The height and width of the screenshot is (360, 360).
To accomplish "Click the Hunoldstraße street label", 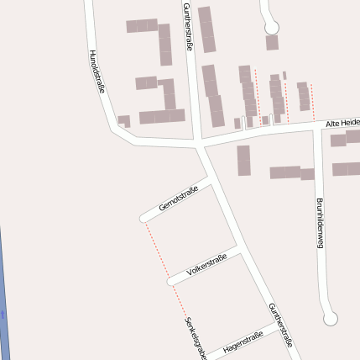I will tap(97, 71).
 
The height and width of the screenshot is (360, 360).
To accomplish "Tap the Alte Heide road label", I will tap(342, 124).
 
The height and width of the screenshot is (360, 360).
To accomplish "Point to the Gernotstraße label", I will tap(178, 200).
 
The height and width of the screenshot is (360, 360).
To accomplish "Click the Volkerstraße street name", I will tap(207, 265).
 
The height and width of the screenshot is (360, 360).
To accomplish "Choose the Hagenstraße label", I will tap(243, 341).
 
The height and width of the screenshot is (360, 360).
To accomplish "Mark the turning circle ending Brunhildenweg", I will tap(330, 319).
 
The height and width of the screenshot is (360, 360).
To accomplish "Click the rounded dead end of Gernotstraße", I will tap(144, 219).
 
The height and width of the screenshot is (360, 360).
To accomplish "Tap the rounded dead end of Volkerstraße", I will tap(170, 280).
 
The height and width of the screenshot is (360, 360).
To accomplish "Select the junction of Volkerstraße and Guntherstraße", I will tap(242, 250).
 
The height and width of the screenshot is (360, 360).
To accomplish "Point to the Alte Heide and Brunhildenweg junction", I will tap(316, 128).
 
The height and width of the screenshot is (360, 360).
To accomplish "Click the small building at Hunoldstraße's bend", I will tap(124, 121).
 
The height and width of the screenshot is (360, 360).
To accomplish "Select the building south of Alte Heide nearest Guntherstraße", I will tap(243, 160).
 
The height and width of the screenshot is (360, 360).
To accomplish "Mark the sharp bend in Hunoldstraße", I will tap(114, 129).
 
